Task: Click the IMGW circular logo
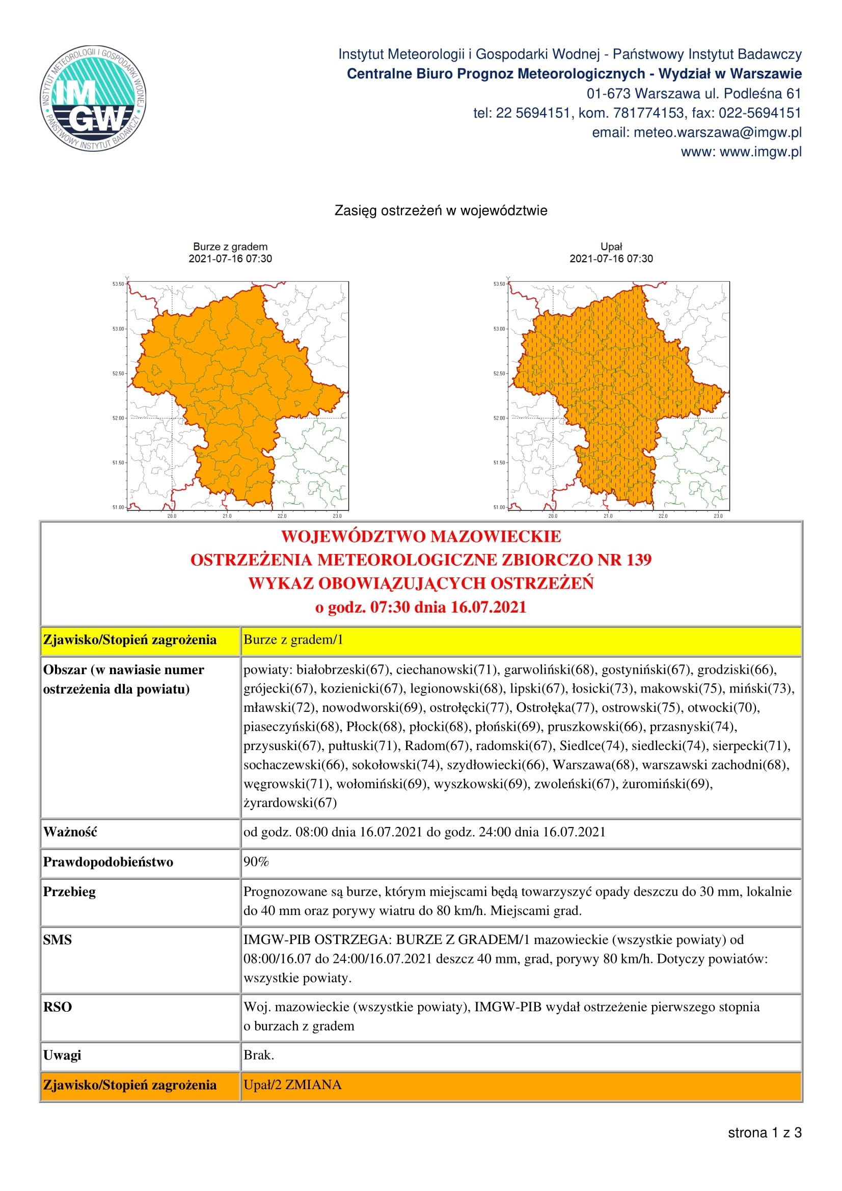pyautogui.click(x=93, y=99)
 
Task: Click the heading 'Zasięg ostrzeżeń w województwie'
pyautogui.click(x=441, y=211)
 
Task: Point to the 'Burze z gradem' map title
pyautogui.click(x=230, y=247)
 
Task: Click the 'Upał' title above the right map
pyautogui.click(x=611, y=247)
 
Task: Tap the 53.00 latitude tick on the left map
pyautogui.click(x=118, y=329)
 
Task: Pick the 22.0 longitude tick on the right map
pyautogui.click(x=663, y=516)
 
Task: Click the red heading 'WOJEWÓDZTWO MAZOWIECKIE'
pyautogui.click(x=421, y=536)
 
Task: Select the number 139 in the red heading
pyautogui.click(x=639, y=560)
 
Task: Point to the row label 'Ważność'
pyautogui.click(x=70, y=832)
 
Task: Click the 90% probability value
pyautogui.click(x=256, y=862)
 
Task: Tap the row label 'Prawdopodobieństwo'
pyautogui.click(x=108, y=862)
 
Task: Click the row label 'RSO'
pyautogui.click(x=57, y=1007)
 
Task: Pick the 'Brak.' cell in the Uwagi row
pyautogui.click(x=259, y=1055)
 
